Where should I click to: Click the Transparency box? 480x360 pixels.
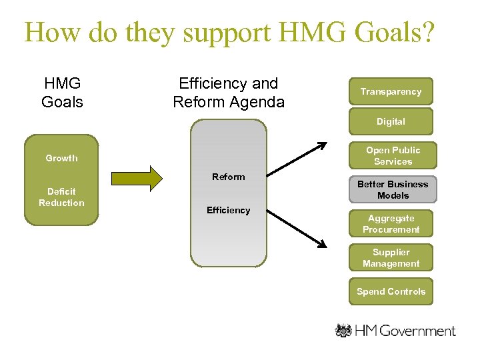(391, 91)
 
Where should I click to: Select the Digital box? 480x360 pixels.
(391, 121)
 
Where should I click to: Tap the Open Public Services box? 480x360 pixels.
(393, 156)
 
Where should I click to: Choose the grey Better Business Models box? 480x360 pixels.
(393, 189)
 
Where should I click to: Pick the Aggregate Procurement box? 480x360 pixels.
(391, 224)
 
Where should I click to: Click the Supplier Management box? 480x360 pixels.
(391, 258)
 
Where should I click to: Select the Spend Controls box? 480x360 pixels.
(391, 291)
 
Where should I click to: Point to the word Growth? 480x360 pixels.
(61, 158)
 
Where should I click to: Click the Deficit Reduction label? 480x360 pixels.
(61, 197)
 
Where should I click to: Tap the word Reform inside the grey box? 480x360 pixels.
(228, 177)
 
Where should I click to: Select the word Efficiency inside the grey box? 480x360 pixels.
(228, 210)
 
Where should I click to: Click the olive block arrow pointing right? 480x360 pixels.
(137, 179)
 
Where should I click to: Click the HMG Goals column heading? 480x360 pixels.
(62, 93)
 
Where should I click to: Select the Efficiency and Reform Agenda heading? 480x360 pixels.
(228, 93)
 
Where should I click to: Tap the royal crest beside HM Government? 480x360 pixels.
(343, 331)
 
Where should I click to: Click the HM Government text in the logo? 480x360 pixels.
(405, 331)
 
